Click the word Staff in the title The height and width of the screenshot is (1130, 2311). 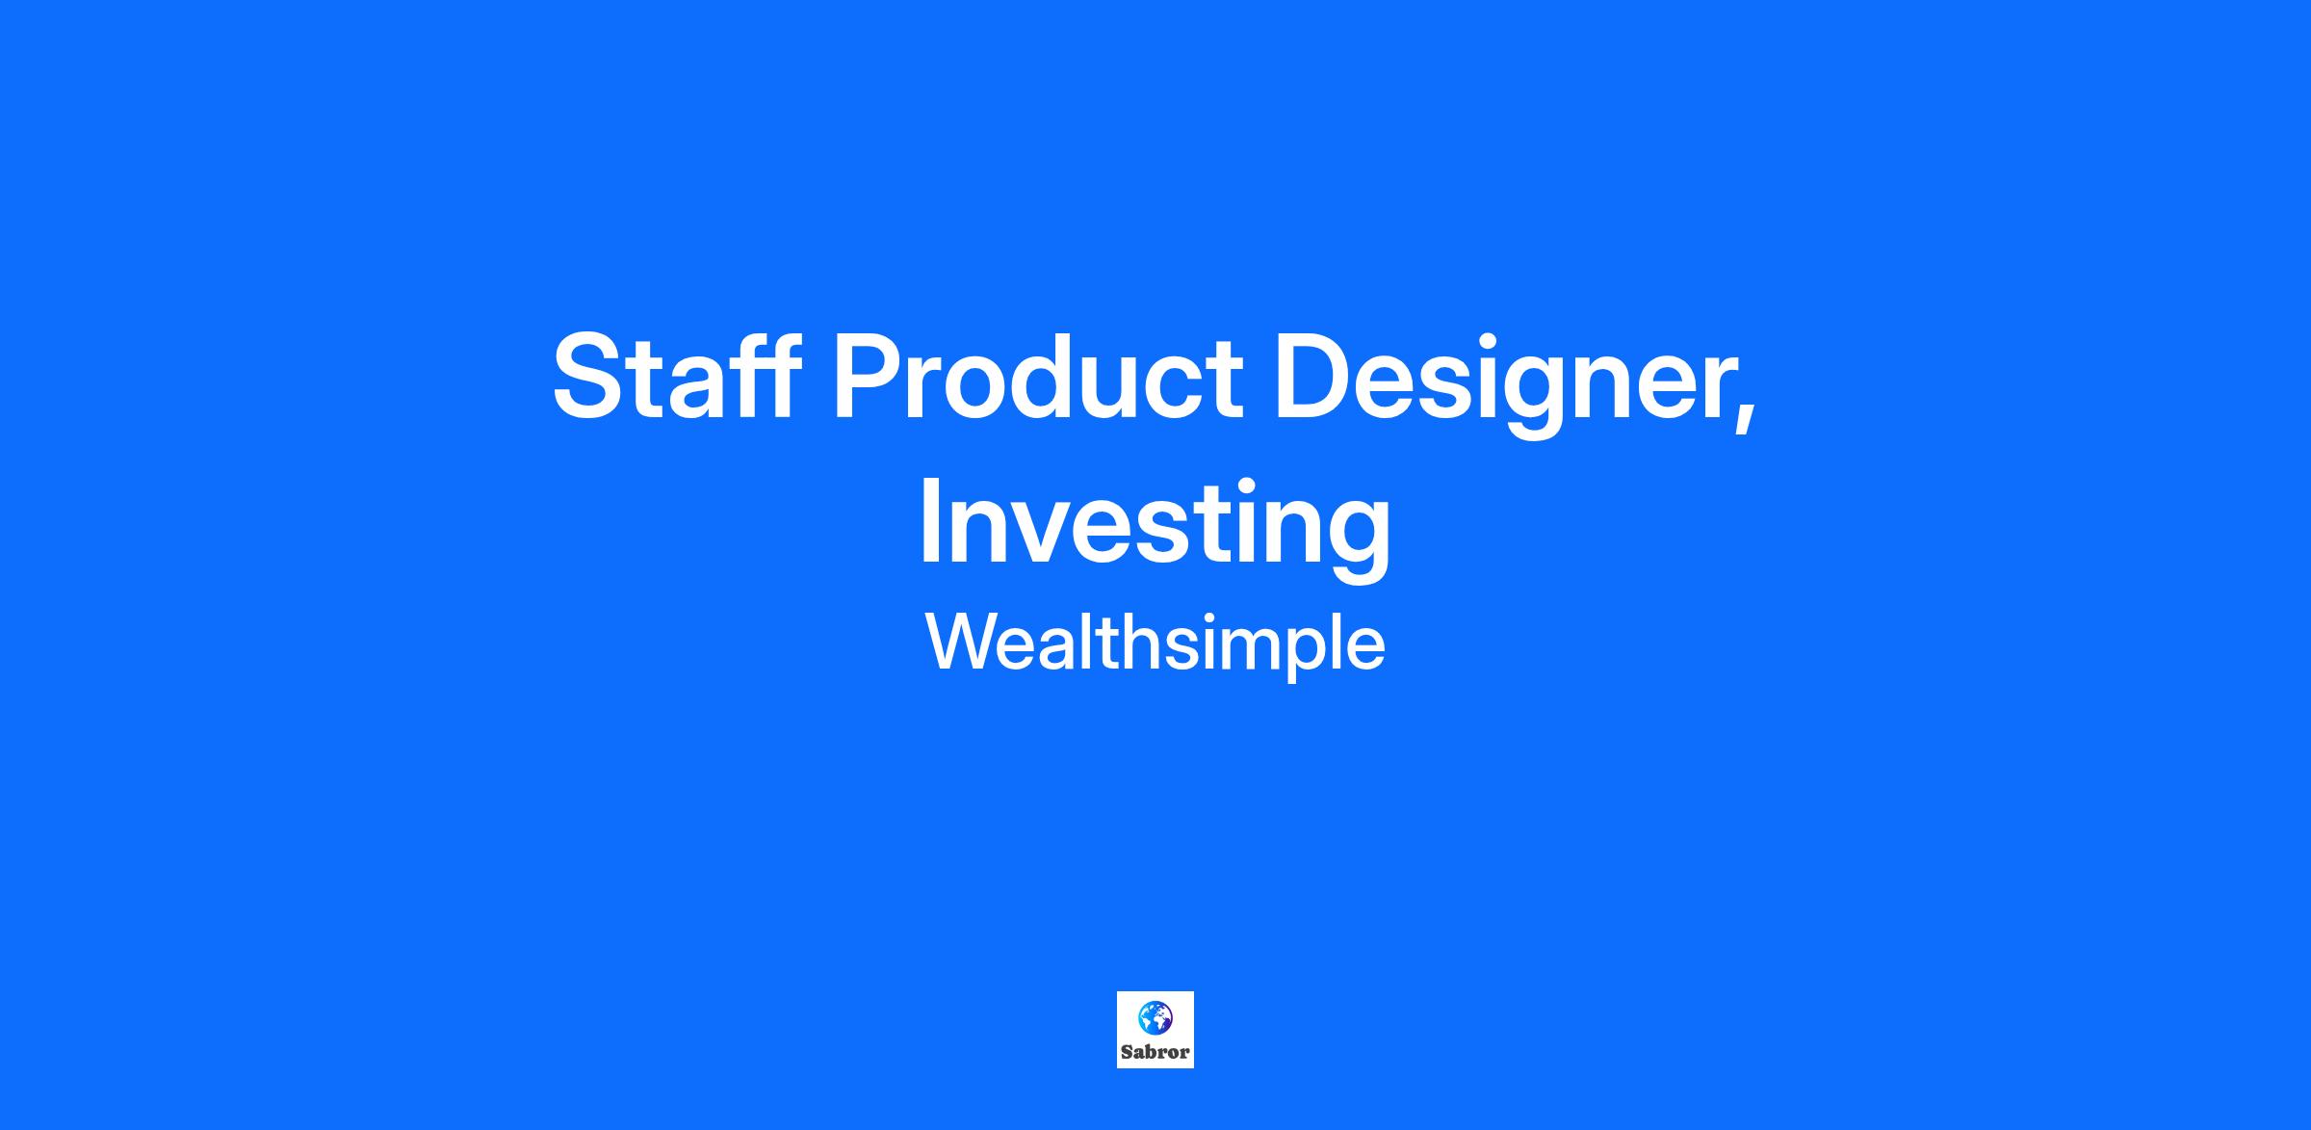(676, 376)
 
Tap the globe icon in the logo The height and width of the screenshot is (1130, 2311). (1155, 1017)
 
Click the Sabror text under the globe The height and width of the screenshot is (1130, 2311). (1155, 1052)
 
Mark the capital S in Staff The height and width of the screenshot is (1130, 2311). (588, 376)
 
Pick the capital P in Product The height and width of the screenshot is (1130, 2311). (871, 376)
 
